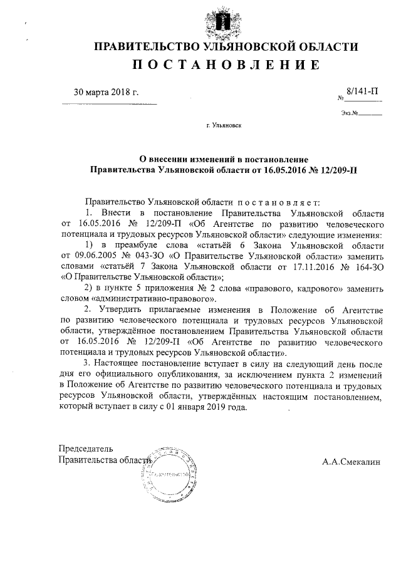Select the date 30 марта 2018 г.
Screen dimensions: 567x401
click(x=107, y=93)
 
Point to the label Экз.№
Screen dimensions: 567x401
click(x=350, y=114)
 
